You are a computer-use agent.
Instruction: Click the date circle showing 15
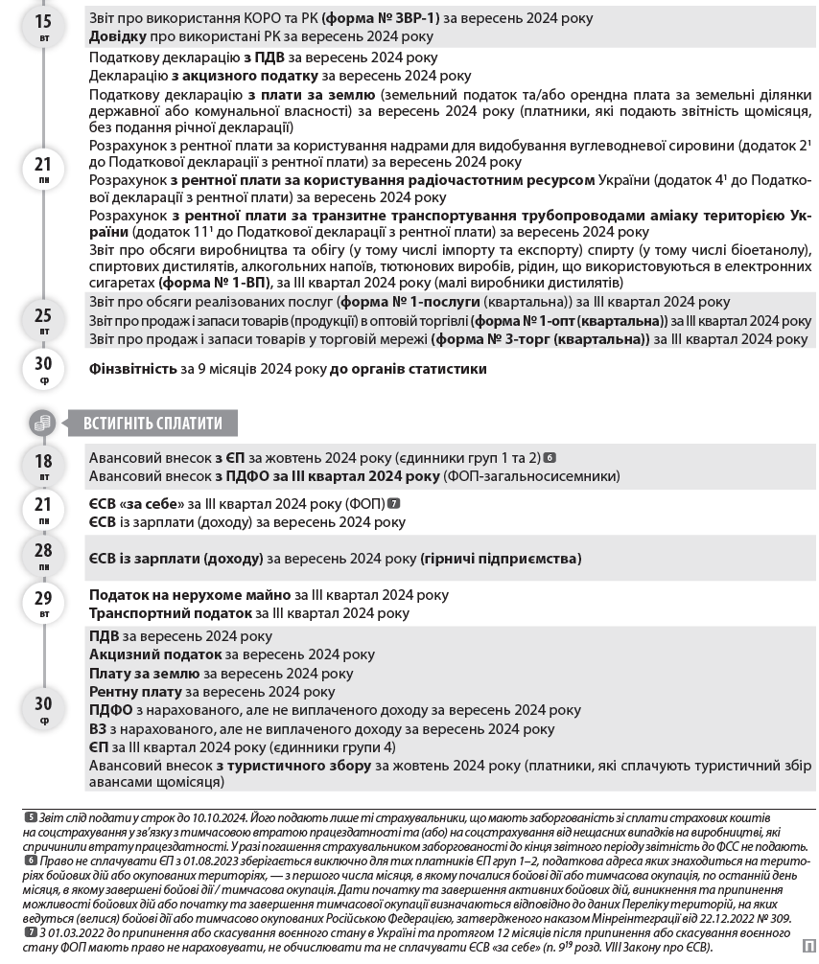point(44,25)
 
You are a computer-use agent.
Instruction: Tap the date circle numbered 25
point(44,320)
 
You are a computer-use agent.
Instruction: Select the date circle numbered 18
point(44,465)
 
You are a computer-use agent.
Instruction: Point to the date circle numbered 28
point(44,555)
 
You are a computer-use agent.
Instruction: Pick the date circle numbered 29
point(44,603)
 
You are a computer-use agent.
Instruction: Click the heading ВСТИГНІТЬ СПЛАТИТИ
point(152,423)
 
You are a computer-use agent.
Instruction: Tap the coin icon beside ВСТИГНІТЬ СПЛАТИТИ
point(43,423)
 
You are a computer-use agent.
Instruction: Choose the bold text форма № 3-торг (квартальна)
point(540,339)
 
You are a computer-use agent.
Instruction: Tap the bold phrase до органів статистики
point(408,369)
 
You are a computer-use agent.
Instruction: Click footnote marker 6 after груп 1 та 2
point(550,458)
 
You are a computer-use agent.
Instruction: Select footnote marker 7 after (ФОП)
point(394,504)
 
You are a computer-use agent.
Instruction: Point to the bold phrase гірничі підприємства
point(501,559)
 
